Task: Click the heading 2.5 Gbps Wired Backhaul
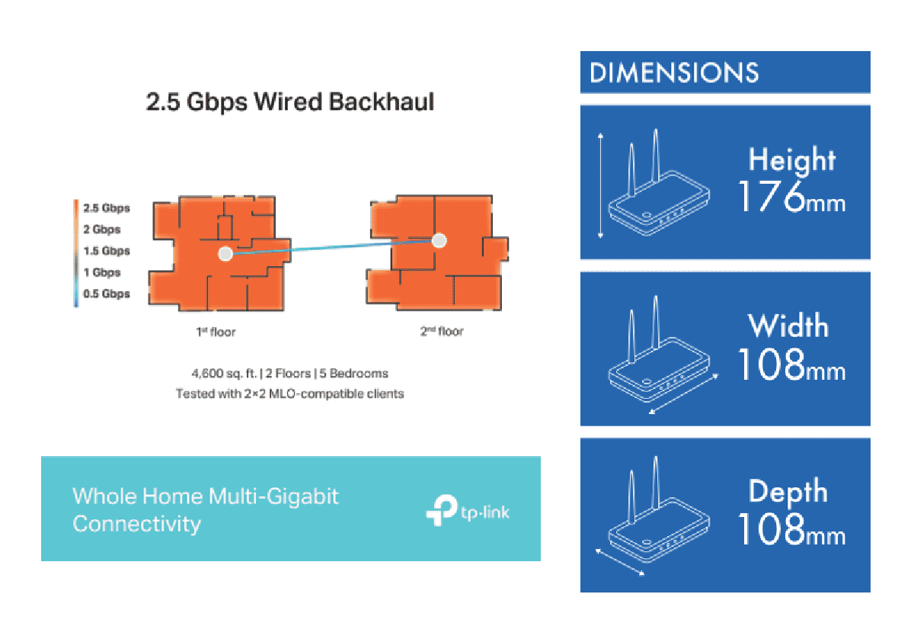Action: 290,101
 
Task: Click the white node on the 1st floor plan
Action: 225,254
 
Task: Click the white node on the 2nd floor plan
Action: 439,241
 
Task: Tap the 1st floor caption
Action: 220,332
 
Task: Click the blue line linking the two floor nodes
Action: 331,248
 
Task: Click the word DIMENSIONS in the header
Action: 674,73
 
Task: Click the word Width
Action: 788,326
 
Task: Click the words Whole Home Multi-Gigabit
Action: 206,496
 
